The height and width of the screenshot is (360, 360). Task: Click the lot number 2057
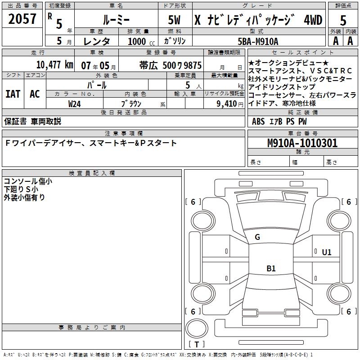[22, 19]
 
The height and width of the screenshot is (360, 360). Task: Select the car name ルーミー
[116, 20]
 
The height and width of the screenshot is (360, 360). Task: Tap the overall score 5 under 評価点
[343, 20]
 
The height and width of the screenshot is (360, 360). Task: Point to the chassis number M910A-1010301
[302, 144]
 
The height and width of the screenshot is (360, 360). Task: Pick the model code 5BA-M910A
[258, 41]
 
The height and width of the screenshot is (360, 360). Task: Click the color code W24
[75, 103]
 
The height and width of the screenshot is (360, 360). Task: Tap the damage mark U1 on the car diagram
[326, 252]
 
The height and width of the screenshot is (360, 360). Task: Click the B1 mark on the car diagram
[271, 269]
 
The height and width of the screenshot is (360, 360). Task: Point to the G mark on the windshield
[257, 237]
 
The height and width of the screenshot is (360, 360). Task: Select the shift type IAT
[13, 94]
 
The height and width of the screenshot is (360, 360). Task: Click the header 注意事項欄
[124, 134]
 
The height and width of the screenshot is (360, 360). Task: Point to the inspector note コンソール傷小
[28, 181]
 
